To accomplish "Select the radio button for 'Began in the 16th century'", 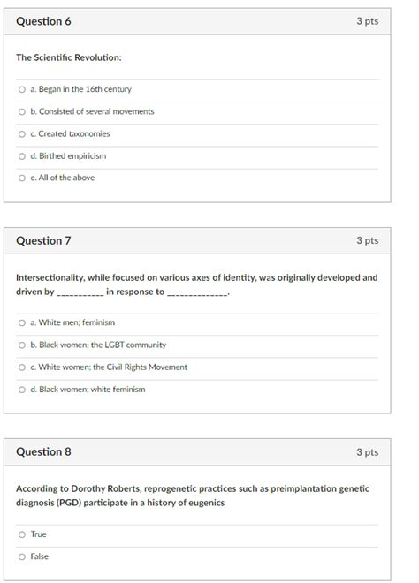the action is pos(21,89).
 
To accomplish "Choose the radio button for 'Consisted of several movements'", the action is pos(21,111).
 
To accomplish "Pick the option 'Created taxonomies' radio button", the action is pos(21,133).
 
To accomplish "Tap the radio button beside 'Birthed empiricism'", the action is pos(21,155).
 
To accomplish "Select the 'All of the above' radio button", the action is pos(21,178).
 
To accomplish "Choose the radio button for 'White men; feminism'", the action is pos(21,322).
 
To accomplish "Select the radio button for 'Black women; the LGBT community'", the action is pos(21,344).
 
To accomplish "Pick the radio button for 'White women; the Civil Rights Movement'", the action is pos(21,367).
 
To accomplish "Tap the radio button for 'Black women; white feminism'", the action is pos(21,389).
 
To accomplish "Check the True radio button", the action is pos(21,534).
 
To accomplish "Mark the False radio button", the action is pos(21,556).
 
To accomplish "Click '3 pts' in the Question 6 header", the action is pos(367,21).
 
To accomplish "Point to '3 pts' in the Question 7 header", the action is pos(367,240).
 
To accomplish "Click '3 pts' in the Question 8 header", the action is pos(367,451).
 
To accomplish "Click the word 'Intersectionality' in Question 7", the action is pos(50,277).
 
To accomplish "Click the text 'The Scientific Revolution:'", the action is pos(69,57).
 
